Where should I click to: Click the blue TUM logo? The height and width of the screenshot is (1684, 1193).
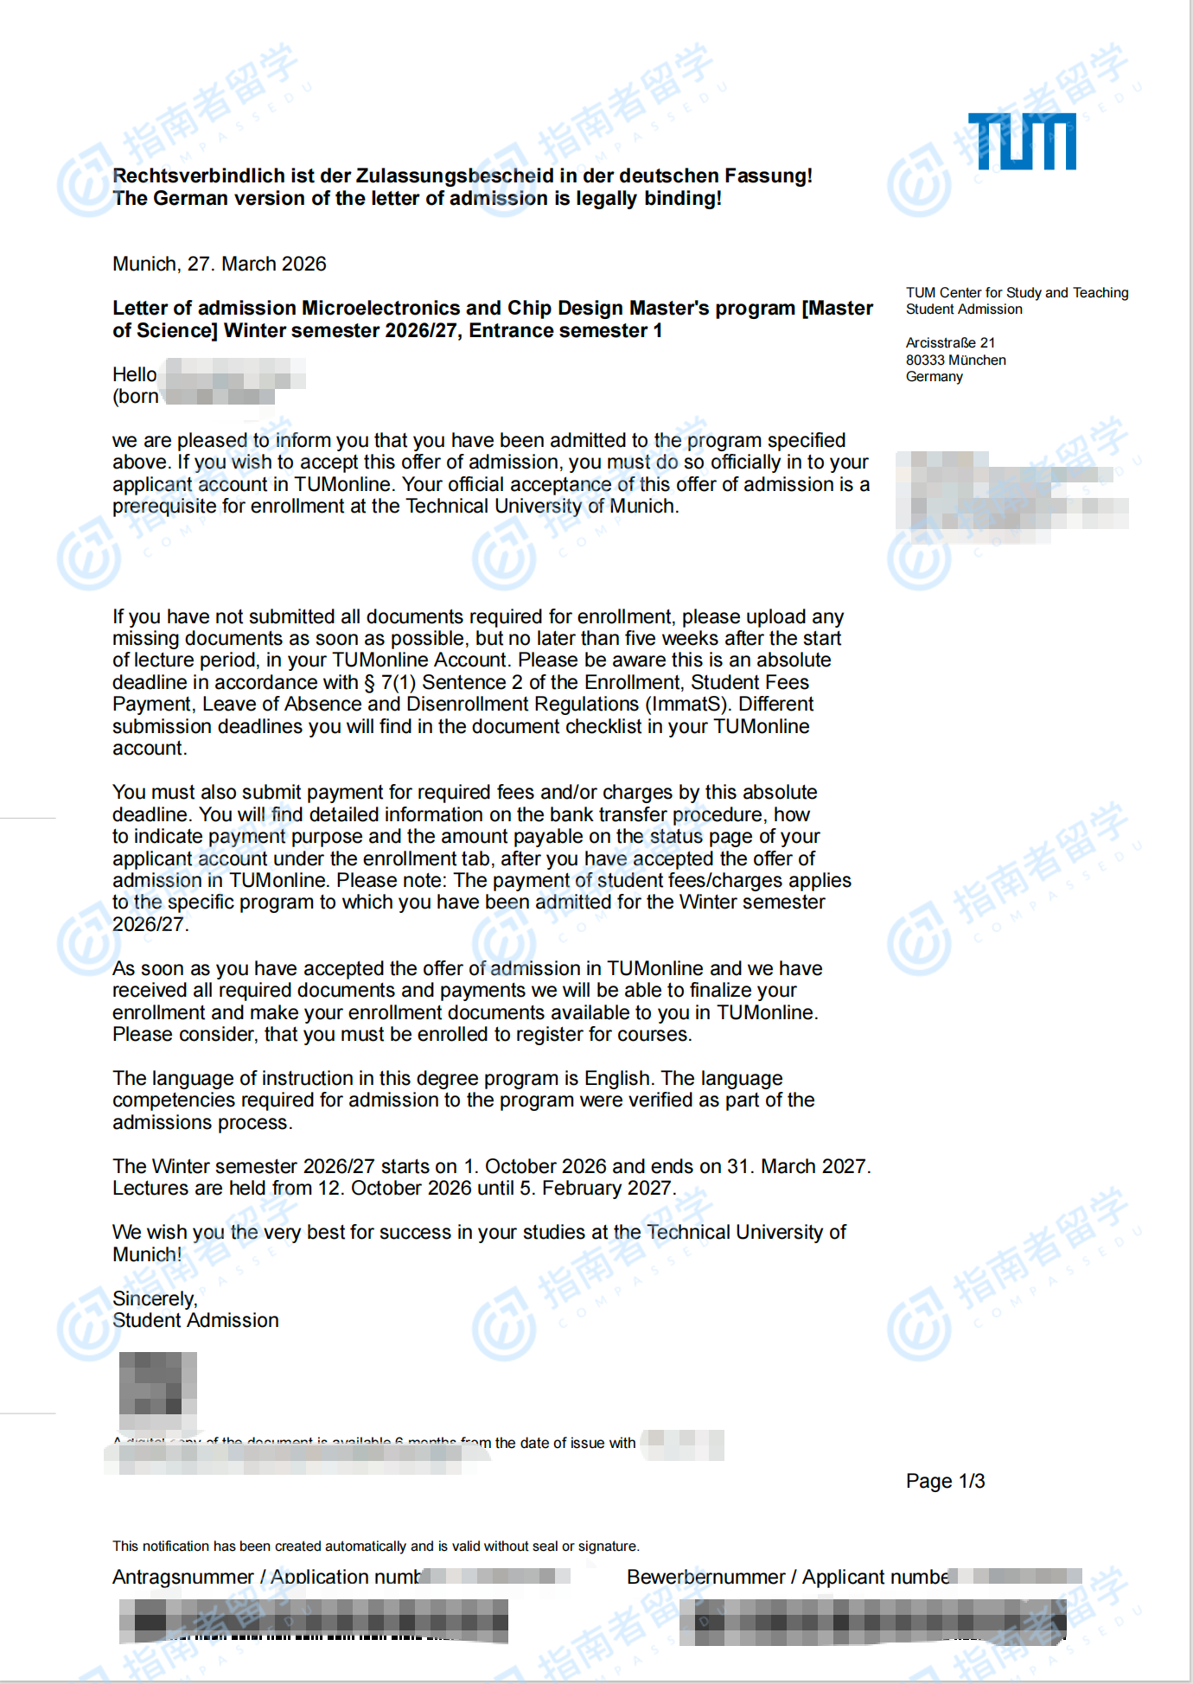point(1022,141)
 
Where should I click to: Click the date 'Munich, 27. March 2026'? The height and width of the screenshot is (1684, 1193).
point(220,264)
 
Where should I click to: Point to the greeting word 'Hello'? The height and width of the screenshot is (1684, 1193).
point(134,374)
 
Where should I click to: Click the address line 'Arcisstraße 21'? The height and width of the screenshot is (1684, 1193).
point(950,342)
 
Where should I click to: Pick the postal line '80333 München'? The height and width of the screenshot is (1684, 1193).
point(955,360)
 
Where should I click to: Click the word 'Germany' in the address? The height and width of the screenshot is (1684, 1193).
point(934,376)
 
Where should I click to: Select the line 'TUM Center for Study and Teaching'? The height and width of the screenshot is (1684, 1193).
point(1017,293)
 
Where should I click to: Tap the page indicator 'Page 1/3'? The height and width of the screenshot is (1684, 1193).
point(945,1481)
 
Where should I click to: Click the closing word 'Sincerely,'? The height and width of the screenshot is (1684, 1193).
point(155,1298)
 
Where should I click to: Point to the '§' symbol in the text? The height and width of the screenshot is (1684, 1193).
point(370,683)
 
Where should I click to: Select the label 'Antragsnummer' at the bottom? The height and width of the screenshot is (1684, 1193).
point(182,1577)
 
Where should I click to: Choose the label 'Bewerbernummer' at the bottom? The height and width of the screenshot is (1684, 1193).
point(705,1577)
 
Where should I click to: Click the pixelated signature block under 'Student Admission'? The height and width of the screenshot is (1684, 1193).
point(157,1388)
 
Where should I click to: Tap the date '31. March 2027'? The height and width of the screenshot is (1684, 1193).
point(796,1166)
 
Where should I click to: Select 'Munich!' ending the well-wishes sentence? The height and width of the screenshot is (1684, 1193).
point(147,1254)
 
